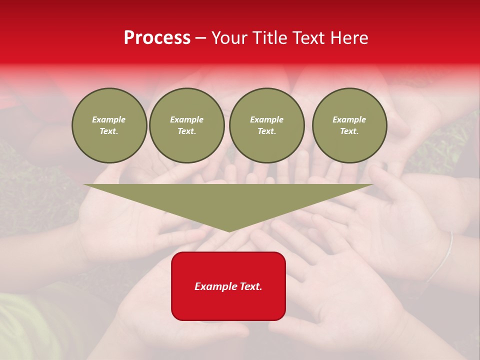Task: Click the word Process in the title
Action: click(x=157, y=38)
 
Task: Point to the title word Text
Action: click(x=308, y=38)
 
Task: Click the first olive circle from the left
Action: click(x=109, y=125)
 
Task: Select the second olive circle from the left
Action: click(x=186, y=125)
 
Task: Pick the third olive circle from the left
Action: click(x=266, y=125)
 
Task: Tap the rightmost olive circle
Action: click(x=349, y=125)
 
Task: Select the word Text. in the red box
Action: click(x=249, y=286)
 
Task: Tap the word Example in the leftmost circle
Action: click(x=109, y=119)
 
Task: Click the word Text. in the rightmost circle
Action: click(x=349, y=131)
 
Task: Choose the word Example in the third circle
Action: click(x=266, y=119)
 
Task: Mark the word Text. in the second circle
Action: click(x=186, y=131)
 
